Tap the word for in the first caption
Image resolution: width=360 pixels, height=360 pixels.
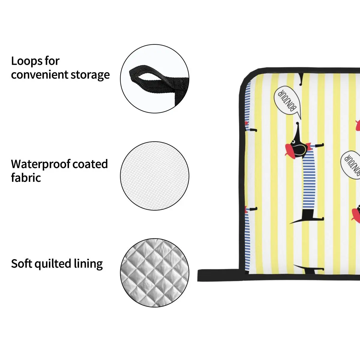[52, 61]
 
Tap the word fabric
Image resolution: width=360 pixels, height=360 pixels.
[26, 178]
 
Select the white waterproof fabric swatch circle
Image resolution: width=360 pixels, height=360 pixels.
[154, 176]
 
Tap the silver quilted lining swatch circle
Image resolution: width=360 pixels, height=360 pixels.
[154, 273]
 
